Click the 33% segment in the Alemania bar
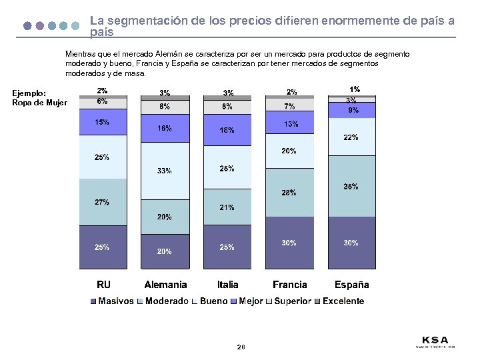point(164,171)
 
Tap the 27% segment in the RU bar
point(102,202)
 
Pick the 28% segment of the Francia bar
point(289,193)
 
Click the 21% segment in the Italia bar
point(227,207)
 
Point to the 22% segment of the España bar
point(351,138)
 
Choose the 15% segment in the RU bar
point(102,123)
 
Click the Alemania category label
point(165,285)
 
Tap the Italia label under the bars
point(227,285)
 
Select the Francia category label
point(290,285)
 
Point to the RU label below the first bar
point(104,285)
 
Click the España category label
point(351,285)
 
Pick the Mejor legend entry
point(247,301)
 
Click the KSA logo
point(435,340)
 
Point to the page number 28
point(241,347)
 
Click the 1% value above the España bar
point(355,89)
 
